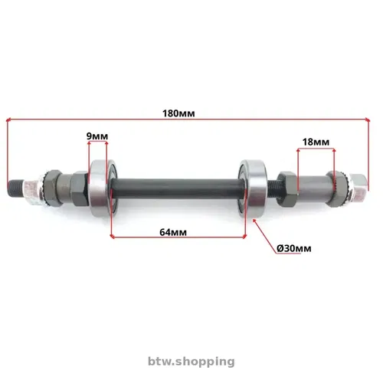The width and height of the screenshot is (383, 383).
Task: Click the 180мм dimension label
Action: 178,113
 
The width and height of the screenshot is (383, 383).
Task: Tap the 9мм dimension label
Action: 97,136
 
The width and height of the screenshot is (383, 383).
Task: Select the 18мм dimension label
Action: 316,142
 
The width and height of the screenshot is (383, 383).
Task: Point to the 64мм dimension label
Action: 173,232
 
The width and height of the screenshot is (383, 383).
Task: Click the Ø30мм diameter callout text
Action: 294,248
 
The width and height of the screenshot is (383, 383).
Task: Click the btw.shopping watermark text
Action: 191,362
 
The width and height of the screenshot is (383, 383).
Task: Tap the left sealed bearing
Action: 103,188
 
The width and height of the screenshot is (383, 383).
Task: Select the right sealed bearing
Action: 253,188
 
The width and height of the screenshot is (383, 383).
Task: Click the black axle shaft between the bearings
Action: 178,188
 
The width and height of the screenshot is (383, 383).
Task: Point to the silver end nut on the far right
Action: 358,186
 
